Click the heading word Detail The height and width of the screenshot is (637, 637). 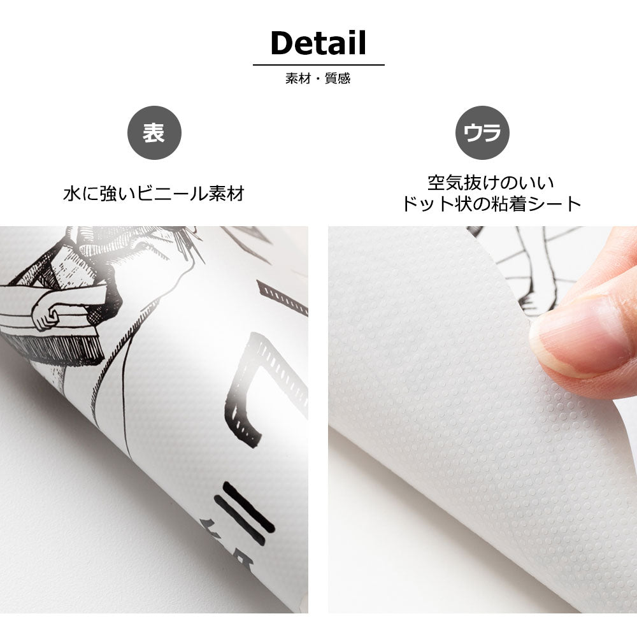tap(318, 43)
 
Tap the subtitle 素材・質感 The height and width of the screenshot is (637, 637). tap(318, 78)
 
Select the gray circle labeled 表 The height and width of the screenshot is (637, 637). tap(154, 133)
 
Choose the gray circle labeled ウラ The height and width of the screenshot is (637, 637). tap(482, 133)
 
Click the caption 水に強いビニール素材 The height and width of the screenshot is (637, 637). tap(154, 194)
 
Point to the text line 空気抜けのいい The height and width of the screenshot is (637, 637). tap(490, 183)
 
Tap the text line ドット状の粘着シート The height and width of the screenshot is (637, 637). tap(491, 204)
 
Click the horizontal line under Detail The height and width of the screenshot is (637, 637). tap(318, 64)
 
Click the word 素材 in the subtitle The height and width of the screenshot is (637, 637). tap(297, 78)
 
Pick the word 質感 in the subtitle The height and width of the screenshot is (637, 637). tap(338, 78)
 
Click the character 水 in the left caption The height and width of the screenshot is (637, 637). tap(73, 194)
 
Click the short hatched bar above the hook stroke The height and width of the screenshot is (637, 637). tap(282, 297)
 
